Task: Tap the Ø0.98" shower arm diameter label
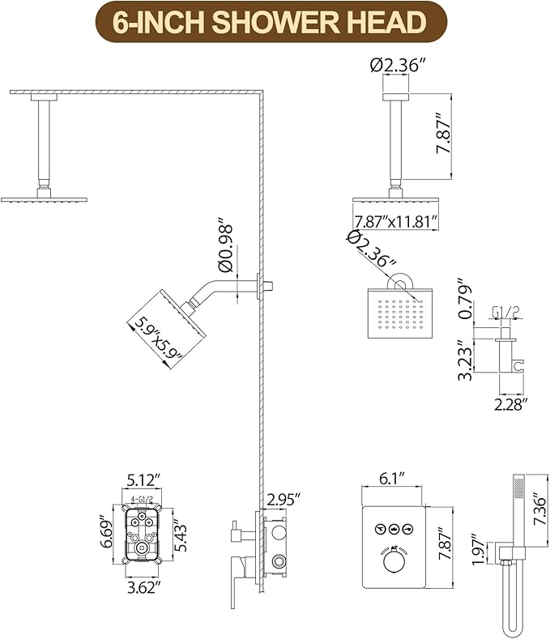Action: point(226,243)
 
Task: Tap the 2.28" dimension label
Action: point(510,403)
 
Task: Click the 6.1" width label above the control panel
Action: point(391,479)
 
